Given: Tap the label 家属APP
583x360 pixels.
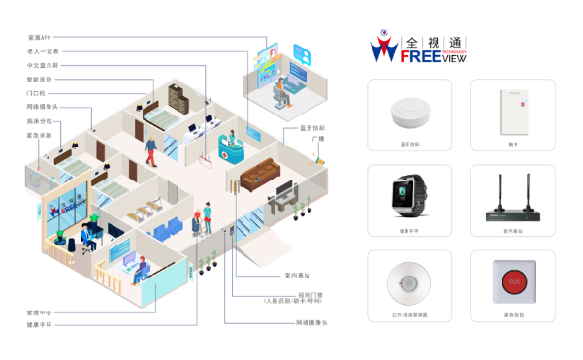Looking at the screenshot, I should click(40, 38).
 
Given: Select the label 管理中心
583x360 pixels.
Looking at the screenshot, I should click(40, 313).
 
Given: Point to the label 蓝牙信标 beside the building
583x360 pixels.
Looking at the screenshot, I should click(311, 127).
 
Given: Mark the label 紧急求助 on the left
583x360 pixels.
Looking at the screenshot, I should click(40, 135).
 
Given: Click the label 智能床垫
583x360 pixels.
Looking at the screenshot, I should click(40, 79).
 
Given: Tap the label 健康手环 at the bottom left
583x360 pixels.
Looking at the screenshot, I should click(40, 325).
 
